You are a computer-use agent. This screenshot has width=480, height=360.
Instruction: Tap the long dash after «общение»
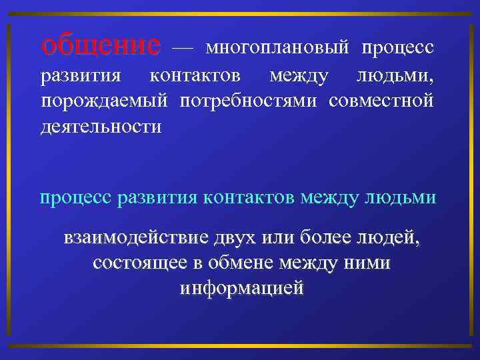[x=183, y=48]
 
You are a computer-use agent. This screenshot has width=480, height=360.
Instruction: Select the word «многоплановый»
[x=278, y=48]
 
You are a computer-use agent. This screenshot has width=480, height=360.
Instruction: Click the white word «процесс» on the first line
[x=398, y=48]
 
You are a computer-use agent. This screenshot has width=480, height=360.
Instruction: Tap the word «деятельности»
[x=101, y=125]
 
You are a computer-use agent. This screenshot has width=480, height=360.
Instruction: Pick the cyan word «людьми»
[x=404, y=198]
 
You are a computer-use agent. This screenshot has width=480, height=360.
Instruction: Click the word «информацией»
[x=241, y=288]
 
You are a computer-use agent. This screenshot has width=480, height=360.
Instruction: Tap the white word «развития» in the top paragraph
[x=81, y=75]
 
